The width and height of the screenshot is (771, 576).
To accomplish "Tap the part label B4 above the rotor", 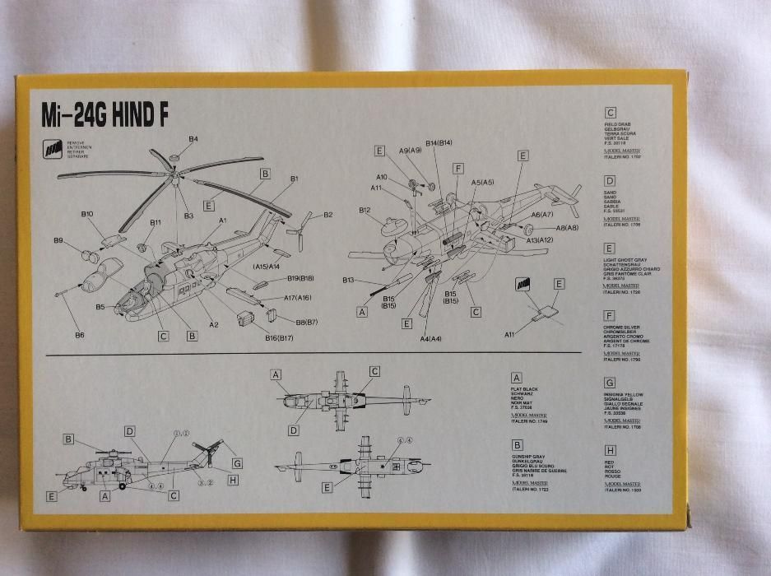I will coord(193,139).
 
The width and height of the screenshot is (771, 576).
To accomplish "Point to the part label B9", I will coord(58,240).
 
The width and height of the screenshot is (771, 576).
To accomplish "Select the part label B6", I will coord(80,335).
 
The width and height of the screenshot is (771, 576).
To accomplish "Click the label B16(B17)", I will coord(280,337).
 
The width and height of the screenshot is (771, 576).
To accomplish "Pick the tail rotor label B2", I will coord(327,215).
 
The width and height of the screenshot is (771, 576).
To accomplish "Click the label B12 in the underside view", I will coord(365,210).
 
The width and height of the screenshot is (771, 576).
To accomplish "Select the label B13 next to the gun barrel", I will coord(350,281).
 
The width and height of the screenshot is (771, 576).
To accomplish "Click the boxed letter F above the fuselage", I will coord(458,168).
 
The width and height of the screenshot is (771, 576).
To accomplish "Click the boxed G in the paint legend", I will coord(610,382).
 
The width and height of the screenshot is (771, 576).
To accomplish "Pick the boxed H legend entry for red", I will coord(610,451).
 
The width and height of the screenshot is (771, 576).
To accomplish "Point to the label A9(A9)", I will coord(410,151).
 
